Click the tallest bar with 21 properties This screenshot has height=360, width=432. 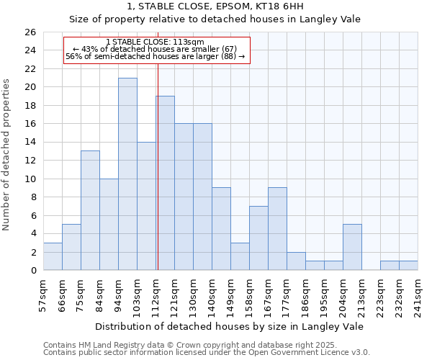127,174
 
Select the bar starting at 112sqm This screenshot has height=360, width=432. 165,183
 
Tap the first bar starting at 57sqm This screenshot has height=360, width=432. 53,256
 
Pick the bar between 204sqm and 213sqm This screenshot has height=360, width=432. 352,247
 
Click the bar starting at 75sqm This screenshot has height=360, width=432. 90,210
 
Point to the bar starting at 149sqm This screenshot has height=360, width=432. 240,256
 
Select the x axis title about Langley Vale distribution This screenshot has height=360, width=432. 230,326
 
